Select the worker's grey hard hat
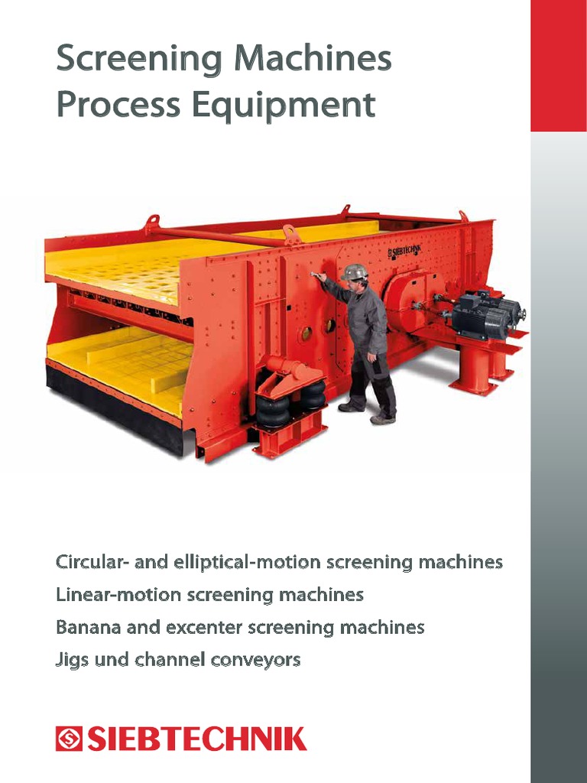tap(354, 271)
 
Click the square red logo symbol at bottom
tap(68, 739)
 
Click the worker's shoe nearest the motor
tap(383, 418)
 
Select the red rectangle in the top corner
tap(558, 65)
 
